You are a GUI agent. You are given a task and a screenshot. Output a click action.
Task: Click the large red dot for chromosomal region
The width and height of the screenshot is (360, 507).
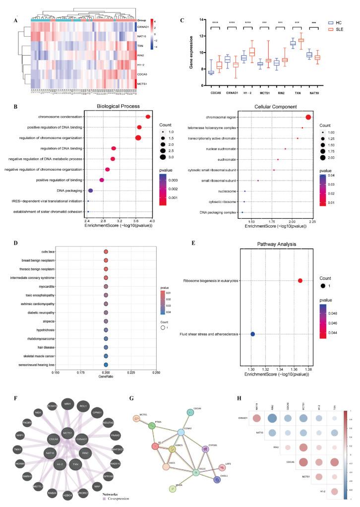tap(308, 117)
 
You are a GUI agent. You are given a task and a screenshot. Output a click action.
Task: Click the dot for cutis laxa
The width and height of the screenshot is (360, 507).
tap(106, 252)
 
